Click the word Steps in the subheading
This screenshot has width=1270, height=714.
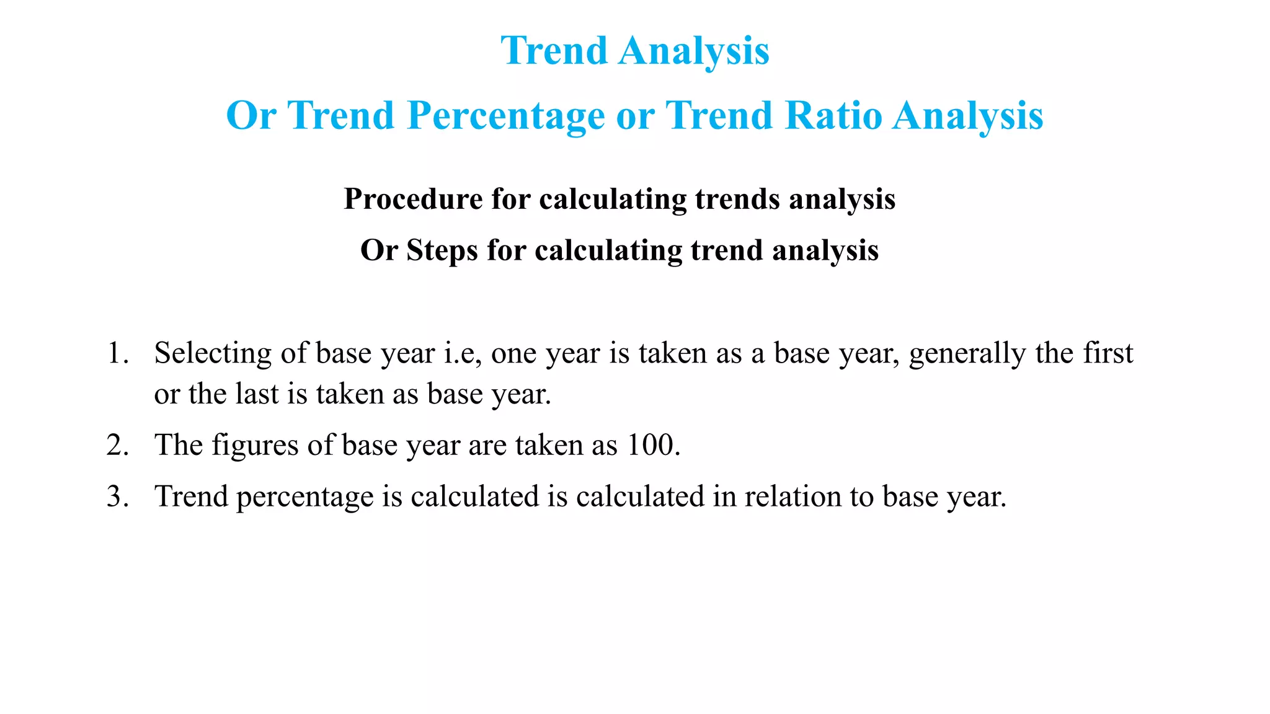pos(442,251)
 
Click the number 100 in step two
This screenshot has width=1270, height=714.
pos(650,446)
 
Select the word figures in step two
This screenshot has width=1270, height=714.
pos(255,446)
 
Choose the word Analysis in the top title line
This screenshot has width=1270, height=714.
pos(694,51)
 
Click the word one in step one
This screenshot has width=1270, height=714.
pos(514,354)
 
